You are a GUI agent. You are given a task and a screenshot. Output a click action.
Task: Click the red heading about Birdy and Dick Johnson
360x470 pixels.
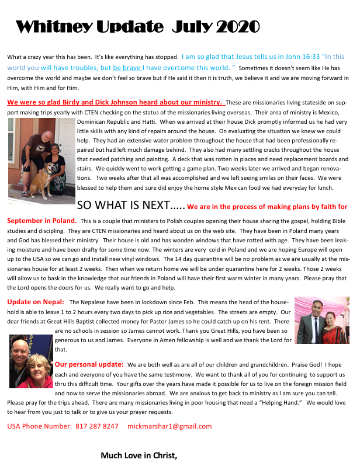(x=114, y=101)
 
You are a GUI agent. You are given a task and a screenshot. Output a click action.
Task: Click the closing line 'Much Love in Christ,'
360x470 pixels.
(x=139, y=455)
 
